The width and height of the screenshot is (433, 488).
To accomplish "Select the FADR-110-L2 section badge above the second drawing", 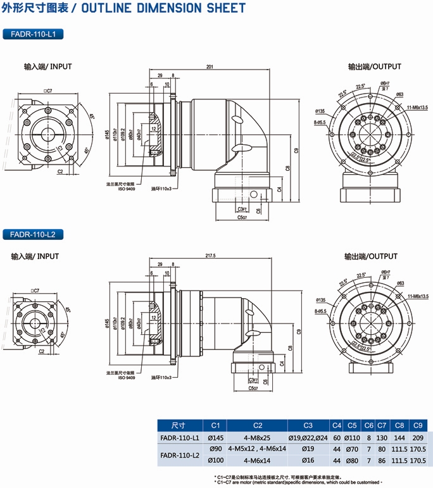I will [x=33, y=234].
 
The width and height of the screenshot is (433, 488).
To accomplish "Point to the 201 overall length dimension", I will [x=210, y=67].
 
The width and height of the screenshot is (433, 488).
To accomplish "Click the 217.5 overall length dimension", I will [x=211, y=256].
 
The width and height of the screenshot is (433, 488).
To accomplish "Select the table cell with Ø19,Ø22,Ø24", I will [x=308, y=437].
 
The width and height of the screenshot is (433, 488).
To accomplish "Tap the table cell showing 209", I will [x=417, y=437].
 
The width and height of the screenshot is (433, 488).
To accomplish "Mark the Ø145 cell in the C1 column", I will [x=215, y=437].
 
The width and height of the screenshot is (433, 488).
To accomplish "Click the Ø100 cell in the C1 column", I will [x=215, y=460].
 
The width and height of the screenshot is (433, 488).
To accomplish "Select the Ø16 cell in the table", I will [x=308, y=460].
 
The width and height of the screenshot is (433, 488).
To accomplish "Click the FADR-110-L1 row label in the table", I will [x=179, y=437].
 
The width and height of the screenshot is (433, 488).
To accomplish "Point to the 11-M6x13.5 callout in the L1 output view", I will [x=414, y=108].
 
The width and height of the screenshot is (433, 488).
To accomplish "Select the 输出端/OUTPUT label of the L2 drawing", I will [x=371, y=256].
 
